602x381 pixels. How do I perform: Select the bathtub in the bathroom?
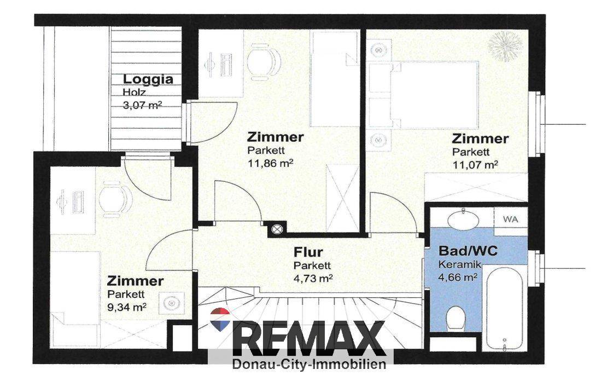(504, 308)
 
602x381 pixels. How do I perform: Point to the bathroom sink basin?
(464, 220)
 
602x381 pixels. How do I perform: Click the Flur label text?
(308, 252)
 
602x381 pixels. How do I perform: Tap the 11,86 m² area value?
(270, 164)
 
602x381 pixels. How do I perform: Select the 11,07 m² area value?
(475, 165)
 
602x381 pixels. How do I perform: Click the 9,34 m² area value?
(127, 307)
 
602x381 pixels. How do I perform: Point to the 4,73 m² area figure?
(313, 278)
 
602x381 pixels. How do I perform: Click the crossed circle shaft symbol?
(277, 229)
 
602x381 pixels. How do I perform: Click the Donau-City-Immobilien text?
(309, 364)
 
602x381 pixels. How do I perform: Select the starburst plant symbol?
(505, 46)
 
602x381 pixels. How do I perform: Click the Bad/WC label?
(468, 251)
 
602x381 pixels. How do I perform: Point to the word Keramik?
(460, 264)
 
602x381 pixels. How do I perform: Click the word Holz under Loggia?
(135, 93)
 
